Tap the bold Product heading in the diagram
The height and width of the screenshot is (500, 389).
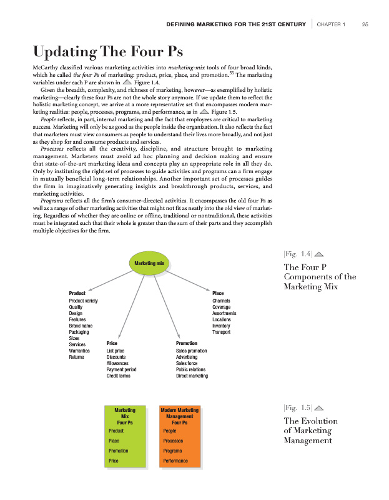click(x=77, y=293)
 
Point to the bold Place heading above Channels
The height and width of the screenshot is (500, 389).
click(x=218, y=293)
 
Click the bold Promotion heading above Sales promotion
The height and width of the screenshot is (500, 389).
click(x=187, y=343)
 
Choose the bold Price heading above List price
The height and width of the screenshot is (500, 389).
click(x=112, y=343)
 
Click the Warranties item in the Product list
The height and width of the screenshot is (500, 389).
click(x=80, y=351)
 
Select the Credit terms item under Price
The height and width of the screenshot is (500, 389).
click(x=119, y=376)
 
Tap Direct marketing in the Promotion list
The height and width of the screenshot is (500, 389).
click(x=192, y=376)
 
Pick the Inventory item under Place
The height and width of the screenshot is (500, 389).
click(x=221, y=326)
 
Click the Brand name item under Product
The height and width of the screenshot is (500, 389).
click(x=81, y=326)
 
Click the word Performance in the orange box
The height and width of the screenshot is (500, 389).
click(x=175, y=461)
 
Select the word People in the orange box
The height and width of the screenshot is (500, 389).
click(x=169, y=431)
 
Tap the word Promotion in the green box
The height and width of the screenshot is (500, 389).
click(x=119, y=451)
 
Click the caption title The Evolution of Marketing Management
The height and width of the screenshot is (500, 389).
click(x=310, y=431)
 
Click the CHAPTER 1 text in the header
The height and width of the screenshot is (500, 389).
click(x=330, y=24)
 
